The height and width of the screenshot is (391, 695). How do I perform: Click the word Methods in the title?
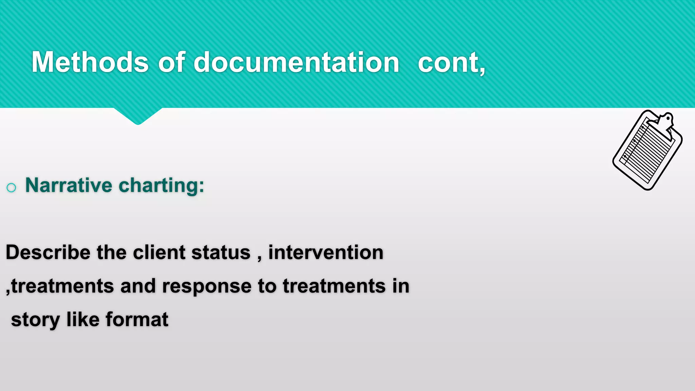click(x=90, y=62)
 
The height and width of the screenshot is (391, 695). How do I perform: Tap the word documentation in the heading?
click(x=296, y=62)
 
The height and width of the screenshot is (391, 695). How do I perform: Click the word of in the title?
click(x=171, y=62)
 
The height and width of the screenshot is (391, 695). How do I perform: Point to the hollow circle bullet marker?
click(x=11, y=188)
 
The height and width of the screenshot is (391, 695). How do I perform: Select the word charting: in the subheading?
click(x=161, y=186)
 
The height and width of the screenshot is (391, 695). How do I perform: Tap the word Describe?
click(x=48, y=253)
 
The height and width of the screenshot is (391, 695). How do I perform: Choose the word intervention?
click(x=326, y=253)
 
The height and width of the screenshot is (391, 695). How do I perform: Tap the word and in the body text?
click(x=137, y=286)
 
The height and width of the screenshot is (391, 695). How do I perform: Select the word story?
click(x=35, y=320)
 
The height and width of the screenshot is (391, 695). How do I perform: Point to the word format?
click(x=137, y=319)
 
